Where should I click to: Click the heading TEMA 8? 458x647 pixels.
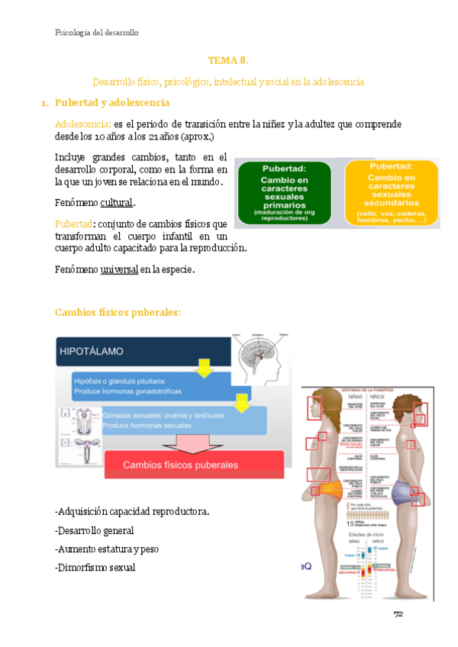tap(228, 60)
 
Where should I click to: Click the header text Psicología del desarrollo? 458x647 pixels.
tap(97, 32)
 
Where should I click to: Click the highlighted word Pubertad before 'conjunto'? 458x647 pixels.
tap(73, 224)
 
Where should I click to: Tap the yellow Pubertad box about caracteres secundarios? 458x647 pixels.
tap(391, 193)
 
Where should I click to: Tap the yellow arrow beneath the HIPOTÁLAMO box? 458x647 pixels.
tap(203, 369)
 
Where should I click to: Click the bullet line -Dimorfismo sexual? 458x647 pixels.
tap(95, 567)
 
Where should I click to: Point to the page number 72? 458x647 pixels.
tap(398, 614)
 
